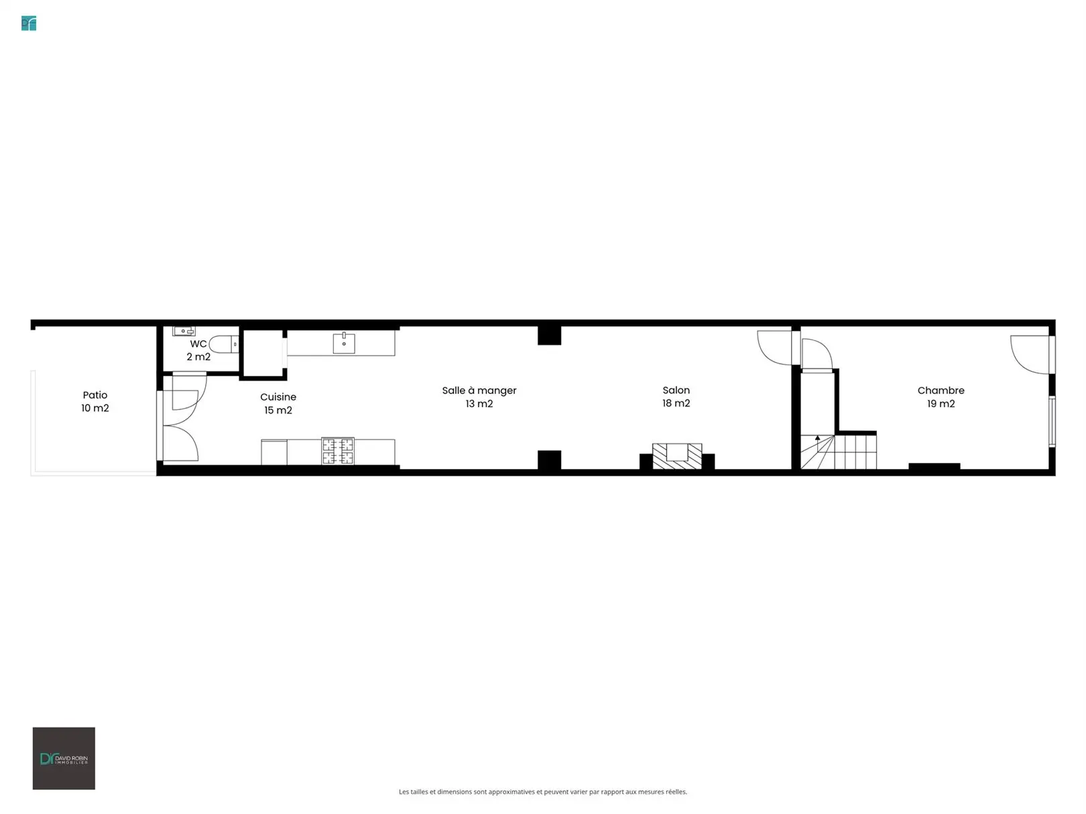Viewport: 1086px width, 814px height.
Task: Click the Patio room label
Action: pyautogui.click(x=95, y=395)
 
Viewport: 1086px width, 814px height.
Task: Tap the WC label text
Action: pyautogui.click(x=198, y=344)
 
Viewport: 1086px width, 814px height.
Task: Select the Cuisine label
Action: pyautogui.click(x=278, y=397)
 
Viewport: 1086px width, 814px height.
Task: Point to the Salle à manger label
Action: pyautogui.click(x=479, y=391)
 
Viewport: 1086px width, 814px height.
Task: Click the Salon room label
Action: pyautogui.click(x=676, y=390)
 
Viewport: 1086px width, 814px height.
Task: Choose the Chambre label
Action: pyautogui.click(x=941, y=391)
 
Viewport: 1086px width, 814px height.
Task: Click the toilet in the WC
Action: pyautogui.click(x=224, y=344)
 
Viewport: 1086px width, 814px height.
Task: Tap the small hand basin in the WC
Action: pyautogui.click(x=184, y=331)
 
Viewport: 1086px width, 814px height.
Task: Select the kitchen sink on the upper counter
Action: pyautogui.click(x=344, y=343)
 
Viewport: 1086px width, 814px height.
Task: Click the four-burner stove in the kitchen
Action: pyautogui.click(x=338, y=451)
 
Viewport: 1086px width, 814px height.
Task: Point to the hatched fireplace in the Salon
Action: pyautogui.click(x=677, y=456)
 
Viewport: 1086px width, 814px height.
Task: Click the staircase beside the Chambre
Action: pyautogui.click(x=838, y=452)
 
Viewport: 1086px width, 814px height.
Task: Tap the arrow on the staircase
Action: pyautogui.click(x=817, y=438)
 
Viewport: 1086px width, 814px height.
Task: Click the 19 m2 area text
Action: pyautogui.click(x=941, y=404)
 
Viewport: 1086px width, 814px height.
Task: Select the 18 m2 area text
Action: pyautogui.click(x=676, y=403)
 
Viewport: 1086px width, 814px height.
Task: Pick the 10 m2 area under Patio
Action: pyautogui.click(x=95, y=408)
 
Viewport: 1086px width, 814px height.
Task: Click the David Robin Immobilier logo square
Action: pyautogui.click(x=64, y=758)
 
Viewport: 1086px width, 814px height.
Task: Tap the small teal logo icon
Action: pyautogui.click(x=29, y=23)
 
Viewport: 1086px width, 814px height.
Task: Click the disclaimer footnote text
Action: pyautogui.click(x=543, y=792)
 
